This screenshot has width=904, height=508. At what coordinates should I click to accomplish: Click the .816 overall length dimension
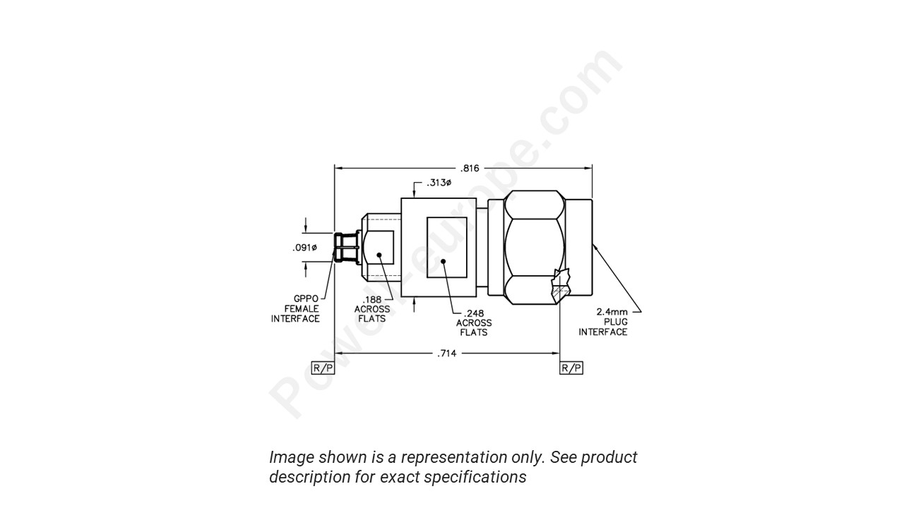(470, 168)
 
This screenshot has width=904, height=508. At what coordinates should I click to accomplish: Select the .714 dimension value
(447, 353)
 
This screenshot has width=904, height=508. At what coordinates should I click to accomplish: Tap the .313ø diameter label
(439, 183)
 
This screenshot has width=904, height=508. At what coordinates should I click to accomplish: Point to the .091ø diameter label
(305, 248)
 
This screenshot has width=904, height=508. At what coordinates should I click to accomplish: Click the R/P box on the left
(323, 368)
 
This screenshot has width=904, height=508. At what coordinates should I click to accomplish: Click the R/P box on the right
(571, 368)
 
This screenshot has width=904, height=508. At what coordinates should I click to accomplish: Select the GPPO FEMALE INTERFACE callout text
(295, 309)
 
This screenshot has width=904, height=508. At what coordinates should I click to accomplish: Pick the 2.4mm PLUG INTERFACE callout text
(603, 322)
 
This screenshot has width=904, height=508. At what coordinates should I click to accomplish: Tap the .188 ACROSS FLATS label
(371, 309)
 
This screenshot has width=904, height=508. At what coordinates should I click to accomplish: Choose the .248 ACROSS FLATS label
(473, 323)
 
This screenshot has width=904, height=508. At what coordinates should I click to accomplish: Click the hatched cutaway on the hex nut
(561, 287)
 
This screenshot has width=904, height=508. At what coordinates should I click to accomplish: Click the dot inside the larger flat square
(444, 262)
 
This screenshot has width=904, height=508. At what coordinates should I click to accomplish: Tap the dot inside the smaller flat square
(379, 254)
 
